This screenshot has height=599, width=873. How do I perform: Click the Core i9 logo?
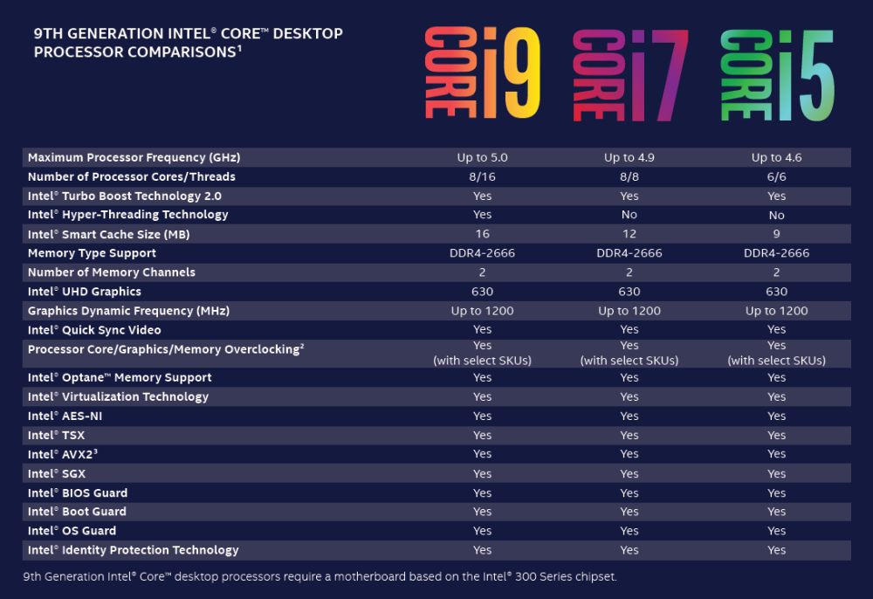click(482, 74)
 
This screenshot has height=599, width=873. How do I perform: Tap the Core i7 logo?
click(629, 74)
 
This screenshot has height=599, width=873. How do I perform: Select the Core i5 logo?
click(777, 74)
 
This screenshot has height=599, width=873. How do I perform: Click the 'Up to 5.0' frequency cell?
click(482, 157)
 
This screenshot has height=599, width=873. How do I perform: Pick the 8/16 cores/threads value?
click(482, 176)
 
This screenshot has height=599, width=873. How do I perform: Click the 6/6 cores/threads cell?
click(776, 176)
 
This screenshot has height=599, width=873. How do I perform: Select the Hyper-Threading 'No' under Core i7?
click(629, 215)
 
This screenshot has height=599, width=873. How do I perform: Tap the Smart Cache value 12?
click(629, 234)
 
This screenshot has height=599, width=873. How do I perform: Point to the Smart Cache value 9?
click(776, 234)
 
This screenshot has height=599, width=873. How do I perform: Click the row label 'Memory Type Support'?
click(92, 253)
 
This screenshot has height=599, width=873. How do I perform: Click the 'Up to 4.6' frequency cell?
click(776, 157)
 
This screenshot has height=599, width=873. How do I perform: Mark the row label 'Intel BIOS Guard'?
click(78, 492)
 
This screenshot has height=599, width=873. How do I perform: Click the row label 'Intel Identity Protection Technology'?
click(133, 550)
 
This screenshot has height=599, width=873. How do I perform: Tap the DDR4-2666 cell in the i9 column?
click(482, 253)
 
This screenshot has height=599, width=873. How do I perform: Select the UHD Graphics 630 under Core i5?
click(776, 292)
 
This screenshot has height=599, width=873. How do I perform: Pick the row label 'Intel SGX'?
click(57, 473)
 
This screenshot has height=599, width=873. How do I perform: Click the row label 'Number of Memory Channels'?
click(112, 272)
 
